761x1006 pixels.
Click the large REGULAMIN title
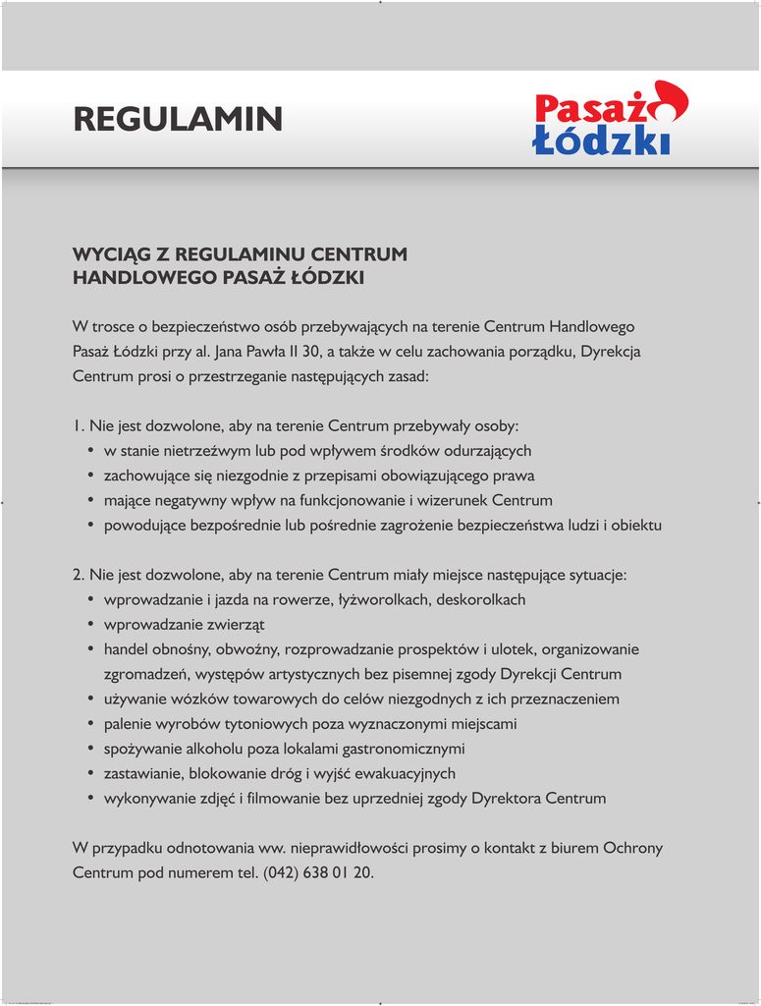pyautogui.click(x=178, y=120)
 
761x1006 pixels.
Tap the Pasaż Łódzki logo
pyautogui.click(x=610, y=120)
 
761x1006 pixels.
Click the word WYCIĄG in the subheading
pyautogui.click(x=108, y=254)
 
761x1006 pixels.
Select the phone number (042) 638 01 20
pyautogui.click(x=318, y=872)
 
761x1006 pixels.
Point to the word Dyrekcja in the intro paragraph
pyautogui.click(x=611, y=351)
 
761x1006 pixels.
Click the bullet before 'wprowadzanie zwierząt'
pyautogui.click(x=91, y=625)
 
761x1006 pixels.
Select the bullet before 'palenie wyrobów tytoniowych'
pyautogui.click(x=91, y=724)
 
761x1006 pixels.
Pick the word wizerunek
pyautogui.click(x=455, y=500)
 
